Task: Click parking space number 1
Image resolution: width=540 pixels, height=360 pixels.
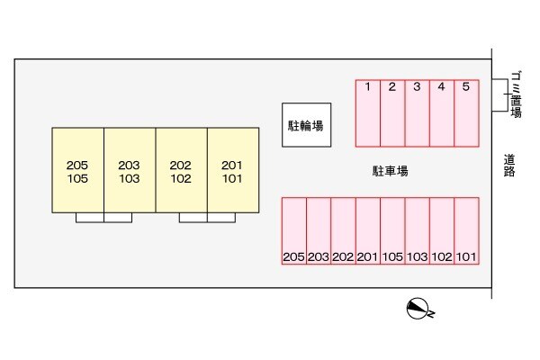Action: [368, 112]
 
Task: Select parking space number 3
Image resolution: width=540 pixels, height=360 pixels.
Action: [417, 112]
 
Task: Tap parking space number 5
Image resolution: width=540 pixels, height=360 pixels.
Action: [465, 112]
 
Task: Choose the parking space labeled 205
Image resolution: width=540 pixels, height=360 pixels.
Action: [294, 231]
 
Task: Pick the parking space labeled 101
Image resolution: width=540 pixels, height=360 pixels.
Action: [465, 231]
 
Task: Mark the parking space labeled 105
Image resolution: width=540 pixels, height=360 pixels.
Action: [392, 231]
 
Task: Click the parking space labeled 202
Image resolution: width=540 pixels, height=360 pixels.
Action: [343, 231]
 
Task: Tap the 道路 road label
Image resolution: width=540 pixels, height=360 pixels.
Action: [509, 165]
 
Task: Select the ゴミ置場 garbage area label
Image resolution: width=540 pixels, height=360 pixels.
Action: [516, 94]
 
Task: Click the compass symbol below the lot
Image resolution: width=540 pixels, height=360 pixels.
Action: [418, 309]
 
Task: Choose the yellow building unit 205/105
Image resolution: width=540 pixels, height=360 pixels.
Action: [77, 169]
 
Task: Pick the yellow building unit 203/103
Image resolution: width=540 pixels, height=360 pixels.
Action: [130, 169]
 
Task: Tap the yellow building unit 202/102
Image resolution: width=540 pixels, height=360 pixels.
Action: [182, 169]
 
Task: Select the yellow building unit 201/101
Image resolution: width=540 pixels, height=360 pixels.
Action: [233, 169]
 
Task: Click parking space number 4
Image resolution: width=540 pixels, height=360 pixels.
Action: [441, 112]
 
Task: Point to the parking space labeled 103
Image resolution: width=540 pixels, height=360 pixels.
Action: [417, 231]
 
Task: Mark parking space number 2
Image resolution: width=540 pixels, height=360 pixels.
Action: [392, 112]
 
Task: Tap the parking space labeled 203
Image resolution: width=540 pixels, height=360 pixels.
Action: [319, 231]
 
